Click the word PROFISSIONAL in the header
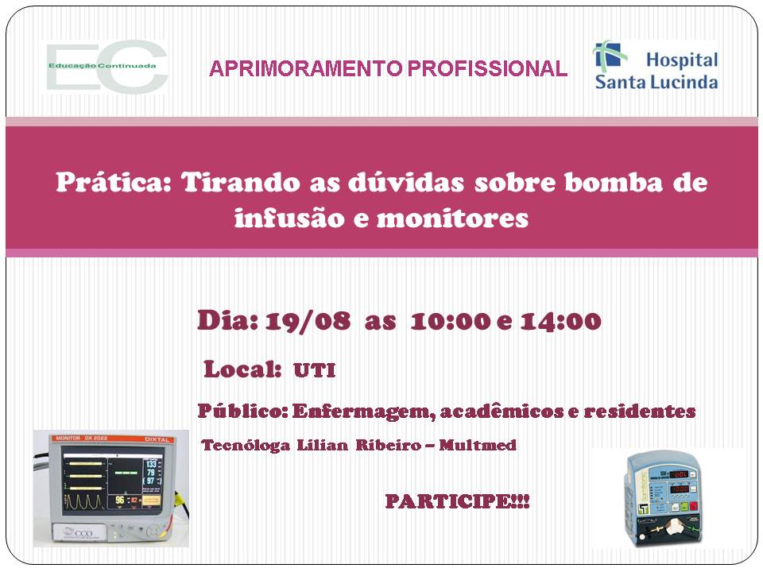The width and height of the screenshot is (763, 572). click(x=487, y=68)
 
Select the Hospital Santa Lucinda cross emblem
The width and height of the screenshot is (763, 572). click(x=610, y=56)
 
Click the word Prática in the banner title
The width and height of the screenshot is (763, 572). click(x=114, y=183)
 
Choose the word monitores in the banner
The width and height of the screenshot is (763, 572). click(x=452, y=218)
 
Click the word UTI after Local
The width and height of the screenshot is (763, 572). click(x=315, y=371)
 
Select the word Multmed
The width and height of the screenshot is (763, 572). click(x=478, y=445)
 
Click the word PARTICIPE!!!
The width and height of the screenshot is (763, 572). click(x=457, y=501)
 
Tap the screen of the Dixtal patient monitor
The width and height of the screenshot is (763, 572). click(x=112, y=482)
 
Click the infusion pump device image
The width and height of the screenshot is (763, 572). click(x=663, y=499)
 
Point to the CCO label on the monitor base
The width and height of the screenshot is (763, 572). click(x=81, y=533)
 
